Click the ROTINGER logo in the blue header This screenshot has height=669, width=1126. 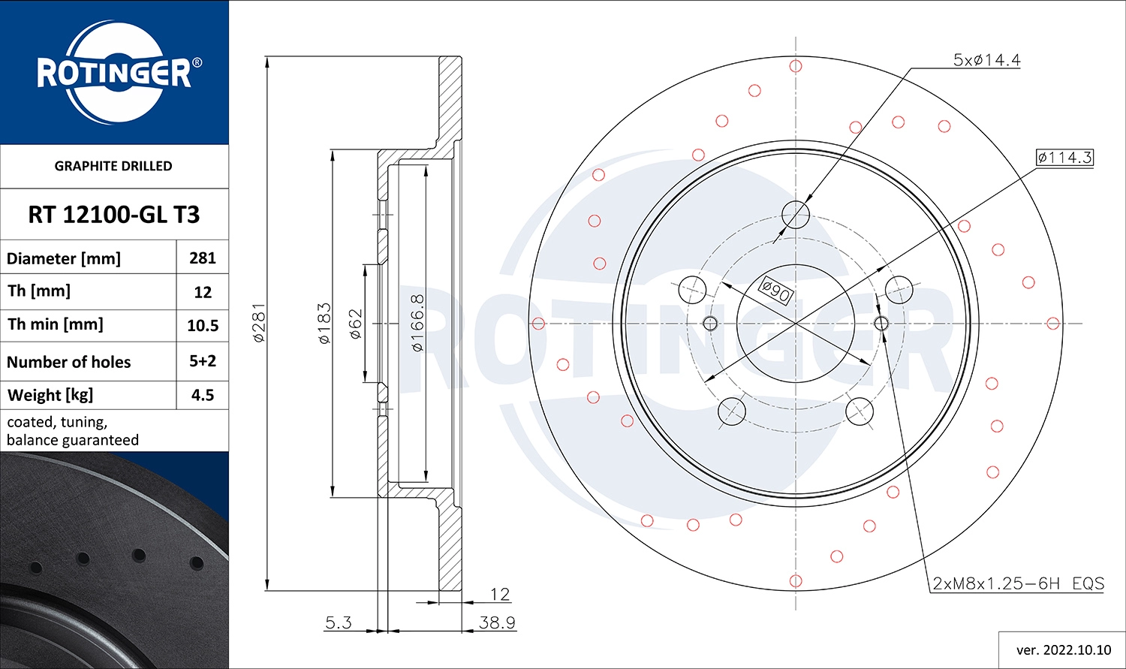pos(114,73)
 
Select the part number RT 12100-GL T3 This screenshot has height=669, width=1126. pos(114,215)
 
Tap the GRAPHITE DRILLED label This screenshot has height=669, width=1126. pos(113,166)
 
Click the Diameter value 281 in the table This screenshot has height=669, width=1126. pos(203,258)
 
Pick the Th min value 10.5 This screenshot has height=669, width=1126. pos(203,326)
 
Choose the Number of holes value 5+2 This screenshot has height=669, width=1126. pos(203,361)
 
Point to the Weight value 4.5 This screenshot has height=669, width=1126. pos(203,395)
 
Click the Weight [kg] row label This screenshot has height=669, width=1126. pos(50,395)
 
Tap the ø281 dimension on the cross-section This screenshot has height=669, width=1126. pos(259,323)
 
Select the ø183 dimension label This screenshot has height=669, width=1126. pos(324,323)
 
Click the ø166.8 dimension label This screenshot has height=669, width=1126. pos(418,323)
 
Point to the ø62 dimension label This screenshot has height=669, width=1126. pos(356,324)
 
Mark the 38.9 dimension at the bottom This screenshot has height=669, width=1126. pos(497,622)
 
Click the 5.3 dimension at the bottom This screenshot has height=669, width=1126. pos(338,622)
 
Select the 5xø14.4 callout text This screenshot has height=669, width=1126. pos(986,60)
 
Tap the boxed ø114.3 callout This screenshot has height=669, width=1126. pos(1064,158)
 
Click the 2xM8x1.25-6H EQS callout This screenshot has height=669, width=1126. pos(1018,583)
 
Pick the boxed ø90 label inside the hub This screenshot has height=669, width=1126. pos(775,291)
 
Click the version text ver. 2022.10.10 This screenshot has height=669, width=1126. pos(1063,649)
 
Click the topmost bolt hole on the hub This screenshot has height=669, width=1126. pos(796,215)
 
